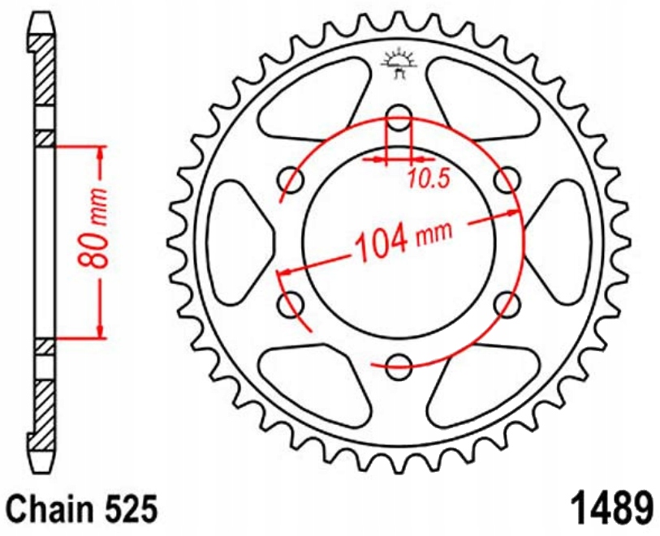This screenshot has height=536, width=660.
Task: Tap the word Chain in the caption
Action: [x=50, y=509]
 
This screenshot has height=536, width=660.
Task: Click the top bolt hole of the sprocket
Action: [x=399, y=118]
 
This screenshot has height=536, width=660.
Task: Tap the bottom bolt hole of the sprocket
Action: [x=398, y=367]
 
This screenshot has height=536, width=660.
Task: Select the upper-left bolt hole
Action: [x=291, y=180]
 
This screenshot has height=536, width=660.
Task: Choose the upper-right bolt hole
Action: [x=507, y=180]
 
